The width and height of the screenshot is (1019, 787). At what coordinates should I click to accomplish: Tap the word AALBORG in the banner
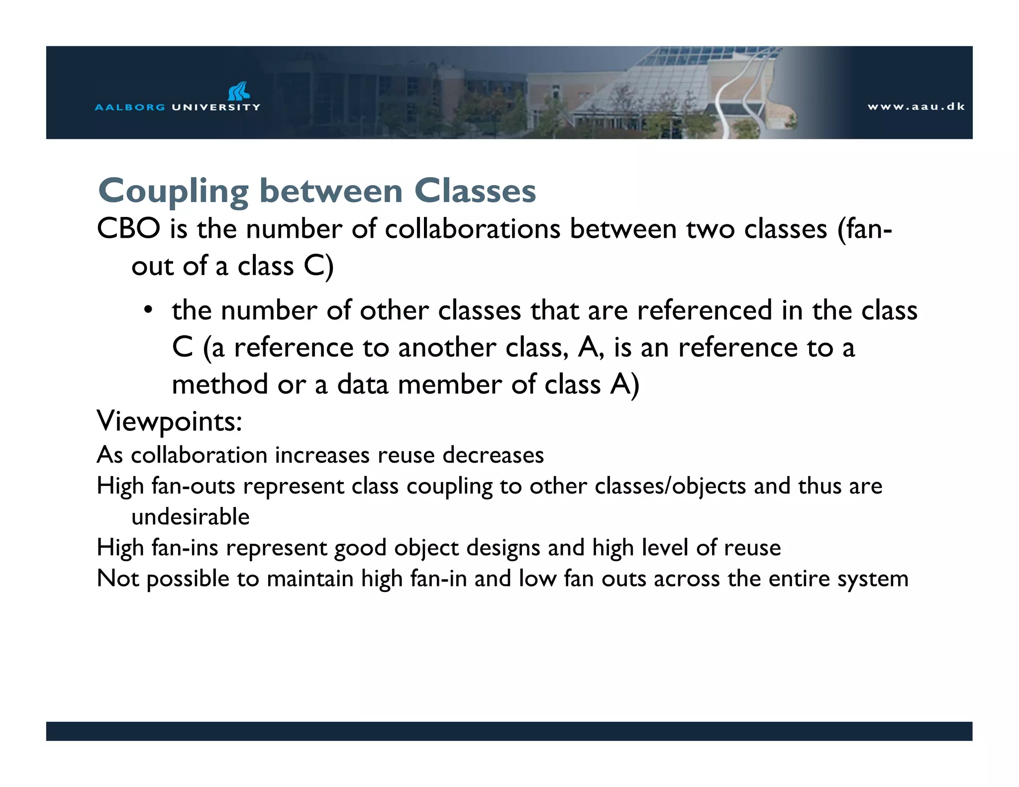[130, 107]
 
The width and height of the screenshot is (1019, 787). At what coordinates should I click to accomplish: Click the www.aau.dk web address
[916, 106]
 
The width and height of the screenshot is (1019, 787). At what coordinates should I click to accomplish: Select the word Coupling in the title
[173, 192]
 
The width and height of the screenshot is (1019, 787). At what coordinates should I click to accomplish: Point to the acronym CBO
[128, 229]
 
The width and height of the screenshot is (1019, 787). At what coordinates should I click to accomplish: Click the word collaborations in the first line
[472, 229]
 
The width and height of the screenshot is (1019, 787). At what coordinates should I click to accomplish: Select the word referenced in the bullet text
[705, 310]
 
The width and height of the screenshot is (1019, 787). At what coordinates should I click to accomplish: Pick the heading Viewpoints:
[169, 421]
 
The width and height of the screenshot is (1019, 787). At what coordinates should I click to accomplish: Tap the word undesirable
[191, 517]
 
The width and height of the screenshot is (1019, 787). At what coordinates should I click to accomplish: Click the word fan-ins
[185, 548]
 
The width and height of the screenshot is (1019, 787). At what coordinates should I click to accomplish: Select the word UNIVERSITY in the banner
[216, 107]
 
